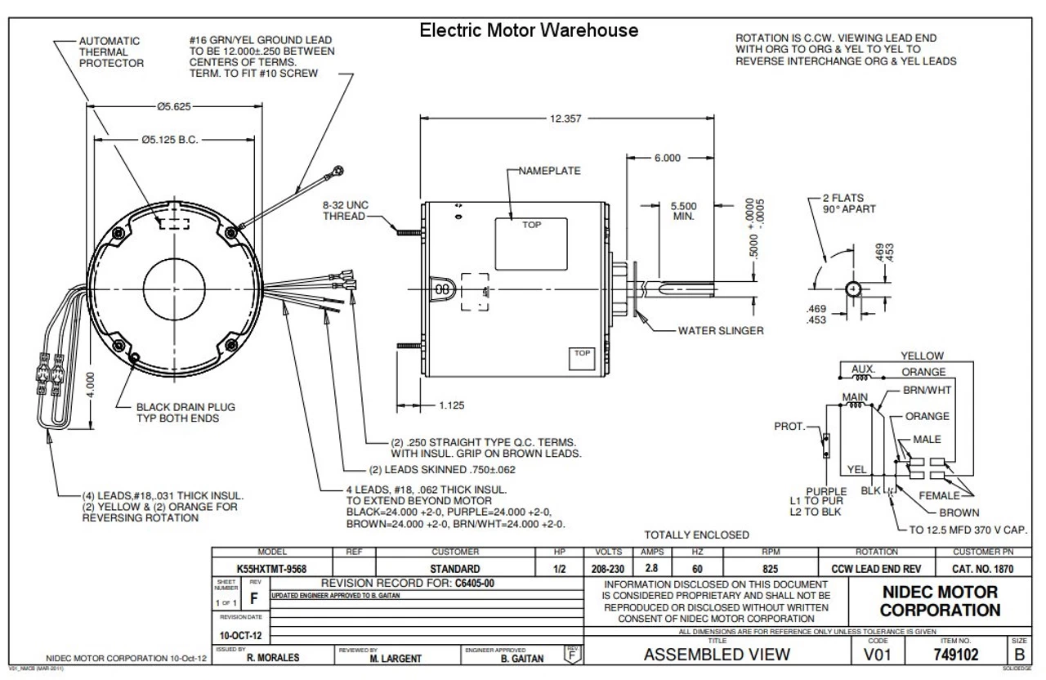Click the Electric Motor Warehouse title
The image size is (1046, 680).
(x=529, y=31)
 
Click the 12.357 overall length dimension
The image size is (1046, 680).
(x=565, y=119)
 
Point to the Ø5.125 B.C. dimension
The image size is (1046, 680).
(x=176, y=140)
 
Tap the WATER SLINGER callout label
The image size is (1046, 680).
(x=721, y=331)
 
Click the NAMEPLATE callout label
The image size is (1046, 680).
(x=550, y=171)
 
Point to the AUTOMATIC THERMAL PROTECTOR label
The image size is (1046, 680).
(x=111, y=51)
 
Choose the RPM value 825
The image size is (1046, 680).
(x=766, y=569)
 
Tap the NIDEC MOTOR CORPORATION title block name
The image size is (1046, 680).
(x=940, y=601)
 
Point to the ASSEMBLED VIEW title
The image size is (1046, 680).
(x=717, y=654)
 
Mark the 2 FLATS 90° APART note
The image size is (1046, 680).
(x=851, y=204)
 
